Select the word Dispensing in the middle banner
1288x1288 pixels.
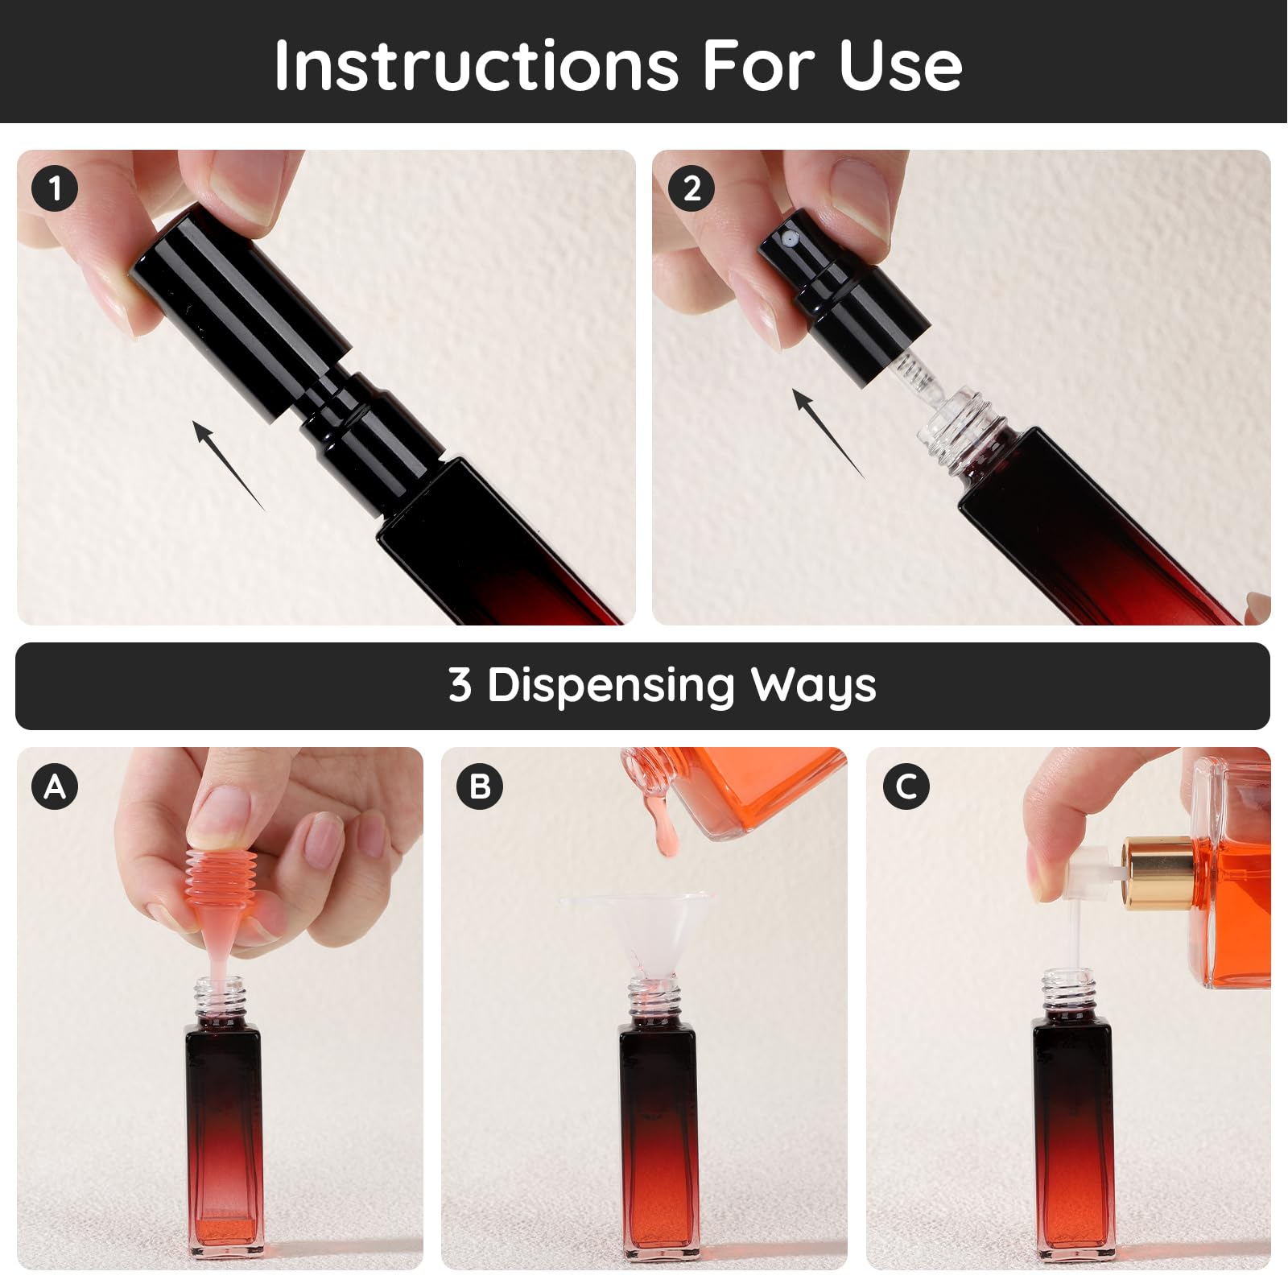coord(611,687)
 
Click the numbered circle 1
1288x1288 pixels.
coord(55,189)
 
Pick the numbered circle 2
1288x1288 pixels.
coord(691,189)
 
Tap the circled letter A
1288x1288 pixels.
coord(55,786)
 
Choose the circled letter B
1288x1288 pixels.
coord(480,786)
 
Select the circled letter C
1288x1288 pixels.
coord(906,786)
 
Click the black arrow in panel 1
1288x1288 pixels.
coord(229,465)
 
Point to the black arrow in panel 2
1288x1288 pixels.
coord(828,433)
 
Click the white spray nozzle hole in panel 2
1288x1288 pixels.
coord(790,239)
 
